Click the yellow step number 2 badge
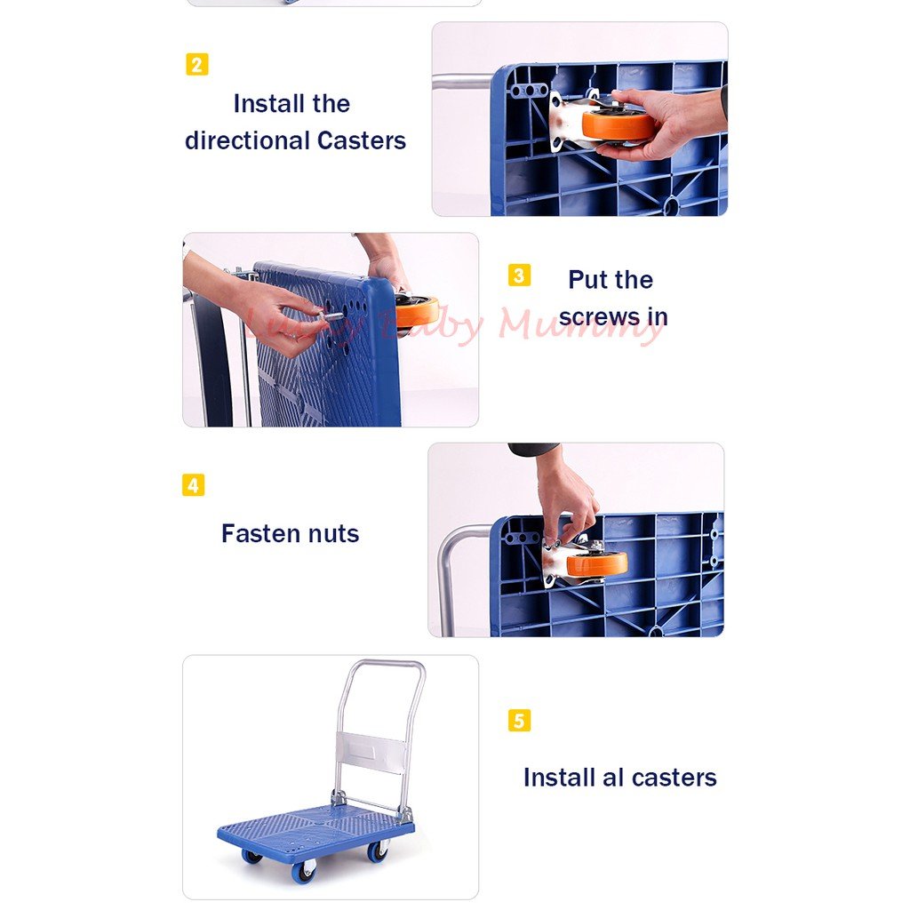tap(197, 65)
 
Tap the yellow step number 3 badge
tap(519, 275)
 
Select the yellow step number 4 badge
tap(193, 485)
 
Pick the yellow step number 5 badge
tap(519, 720)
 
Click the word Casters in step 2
tap(361, 140)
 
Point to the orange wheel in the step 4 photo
tap(597, 563)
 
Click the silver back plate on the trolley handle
tap(374, 753)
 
